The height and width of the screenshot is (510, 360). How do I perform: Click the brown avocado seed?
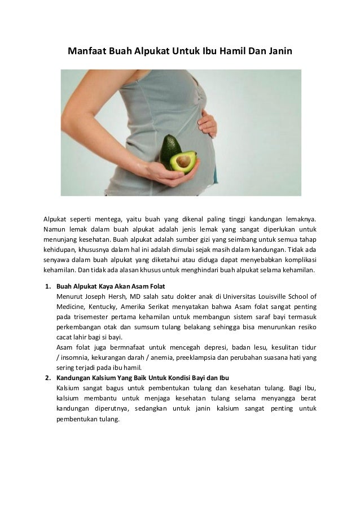point(184,162)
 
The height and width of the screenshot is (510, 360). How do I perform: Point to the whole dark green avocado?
point(169,149)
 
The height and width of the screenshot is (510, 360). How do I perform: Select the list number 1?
point(49,286)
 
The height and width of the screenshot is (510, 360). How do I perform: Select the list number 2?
point(49,377)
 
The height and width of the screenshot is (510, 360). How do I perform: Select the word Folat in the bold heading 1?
point(156,286)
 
